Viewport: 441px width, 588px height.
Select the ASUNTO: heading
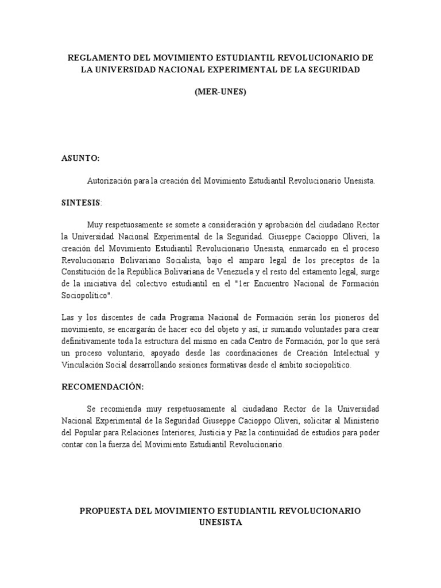coord(81,158)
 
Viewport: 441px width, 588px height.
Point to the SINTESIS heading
coord(81,203)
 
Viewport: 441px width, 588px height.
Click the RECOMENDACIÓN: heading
coord(103,387)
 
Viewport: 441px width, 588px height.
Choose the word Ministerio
coord(359,421)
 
